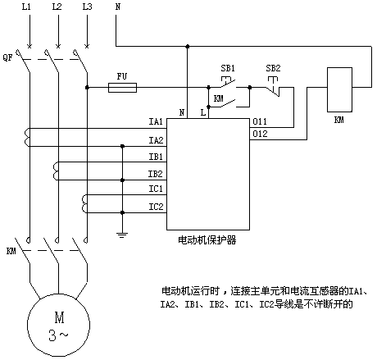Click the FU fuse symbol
click(122, 88)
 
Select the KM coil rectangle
click(339, 89)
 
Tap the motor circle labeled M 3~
click(59, 325)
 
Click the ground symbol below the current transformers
click(122, 235)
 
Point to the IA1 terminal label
click(156, 121)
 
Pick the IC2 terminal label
click(156, 207)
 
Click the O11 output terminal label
click(260, 121)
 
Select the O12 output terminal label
click(260, 134)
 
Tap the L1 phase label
click(26, 7)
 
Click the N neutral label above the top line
click(118, 7)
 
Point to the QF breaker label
click(8, 57)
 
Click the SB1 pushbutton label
click(228, 68)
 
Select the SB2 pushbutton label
click(273, 68)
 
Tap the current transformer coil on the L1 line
click(27, 138)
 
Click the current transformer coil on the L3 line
click(84, 204)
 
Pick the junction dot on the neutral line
click(188, 47)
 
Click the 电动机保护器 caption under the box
click(207, 240)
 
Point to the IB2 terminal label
click(156, 174)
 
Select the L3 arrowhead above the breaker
click(87, 45)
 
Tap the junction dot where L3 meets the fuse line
click(87, 88)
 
